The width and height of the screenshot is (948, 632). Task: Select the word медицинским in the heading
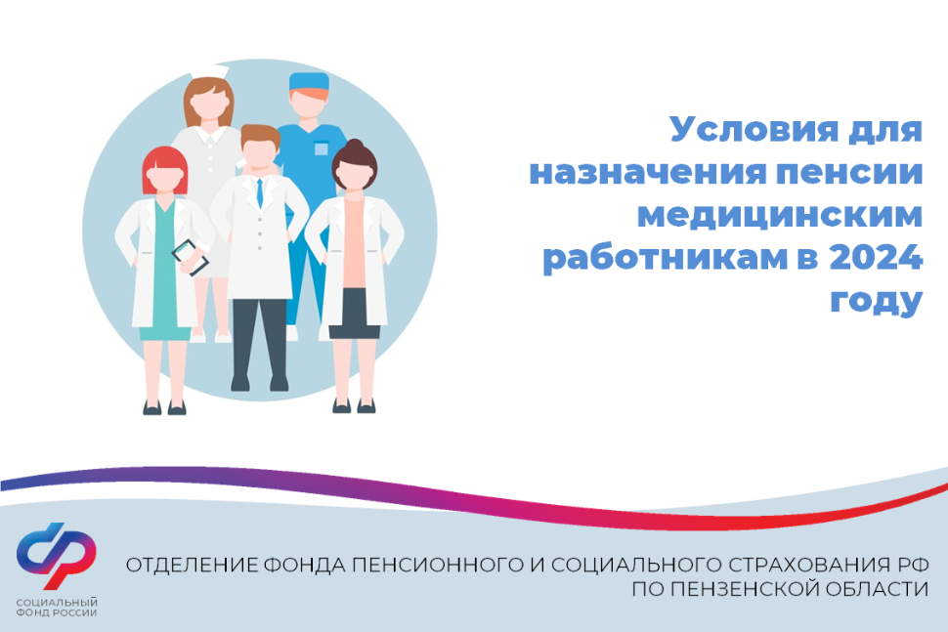780,216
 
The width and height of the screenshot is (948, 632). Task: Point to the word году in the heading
876,300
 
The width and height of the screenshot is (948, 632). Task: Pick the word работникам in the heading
665,259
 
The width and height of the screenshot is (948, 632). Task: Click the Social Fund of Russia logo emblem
57,555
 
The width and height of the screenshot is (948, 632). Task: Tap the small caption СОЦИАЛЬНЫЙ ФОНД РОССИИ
57,608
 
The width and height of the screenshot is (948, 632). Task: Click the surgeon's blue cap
309,81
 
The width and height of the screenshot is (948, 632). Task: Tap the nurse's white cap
209,70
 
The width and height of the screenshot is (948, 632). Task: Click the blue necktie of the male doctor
260,193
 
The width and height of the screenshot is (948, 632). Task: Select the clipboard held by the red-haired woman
191,258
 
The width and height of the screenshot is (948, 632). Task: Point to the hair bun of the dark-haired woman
355,146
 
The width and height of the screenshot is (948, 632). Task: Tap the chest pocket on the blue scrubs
321,148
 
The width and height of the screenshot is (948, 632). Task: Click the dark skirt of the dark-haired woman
355,314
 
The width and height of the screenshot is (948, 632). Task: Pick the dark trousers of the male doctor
260,338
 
